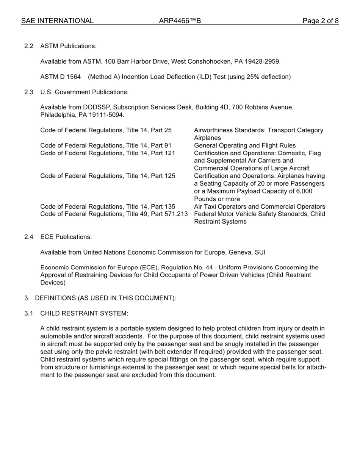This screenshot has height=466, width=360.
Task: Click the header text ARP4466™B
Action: pyautogui.click(x=180, y=21)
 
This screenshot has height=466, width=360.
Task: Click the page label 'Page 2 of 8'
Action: pyautogui.click(x=320, y=21)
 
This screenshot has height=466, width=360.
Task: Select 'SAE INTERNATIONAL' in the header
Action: pyautogui.click(x=57, y=21)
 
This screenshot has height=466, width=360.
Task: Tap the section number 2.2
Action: pyautogui.click(x=29, y=46)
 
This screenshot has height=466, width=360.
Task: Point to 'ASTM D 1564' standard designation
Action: pyautogui.click(x=60, y=77)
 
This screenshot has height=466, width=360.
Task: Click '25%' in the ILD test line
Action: pyautogui.click(x=253, y=77)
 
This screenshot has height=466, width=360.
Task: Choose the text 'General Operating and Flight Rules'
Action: pyautogui.click(x=245, y=145)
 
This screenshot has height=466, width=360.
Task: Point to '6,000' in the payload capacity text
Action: pyautogui.click(x=304, y=191)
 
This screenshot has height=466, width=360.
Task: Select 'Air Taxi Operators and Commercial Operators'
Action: pyautogui.click(x=260, y=206)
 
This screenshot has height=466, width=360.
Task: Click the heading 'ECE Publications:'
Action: pyautogui.click(x=66, y=237)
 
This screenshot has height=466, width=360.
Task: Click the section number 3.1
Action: pyautogui.click(x=29, y=313)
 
